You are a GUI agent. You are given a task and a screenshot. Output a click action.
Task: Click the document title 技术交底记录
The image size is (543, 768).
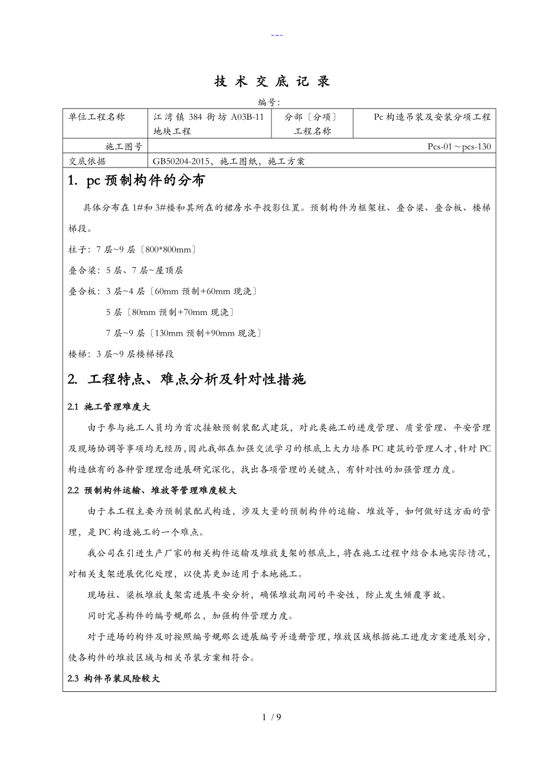272,82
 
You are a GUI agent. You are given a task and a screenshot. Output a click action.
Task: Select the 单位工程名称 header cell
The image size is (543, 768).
97,117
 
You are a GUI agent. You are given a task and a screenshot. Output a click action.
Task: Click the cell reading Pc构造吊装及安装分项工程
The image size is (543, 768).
432,117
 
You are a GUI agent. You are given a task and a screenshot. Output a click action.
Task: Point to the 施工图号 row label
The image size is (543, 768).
123,146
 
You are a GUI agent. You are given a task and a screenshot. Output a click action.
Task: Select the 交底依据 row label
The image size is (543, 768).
88,160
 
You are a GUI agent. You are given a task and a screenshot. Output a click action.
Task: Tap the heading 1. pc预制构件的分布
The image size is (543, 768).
136,181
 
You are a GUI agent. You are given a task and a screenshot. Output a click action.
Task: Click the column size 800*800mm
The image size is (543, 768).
171,250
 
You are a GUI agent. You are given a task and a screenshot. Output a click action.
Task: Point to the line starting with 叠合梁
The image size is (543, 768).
126,270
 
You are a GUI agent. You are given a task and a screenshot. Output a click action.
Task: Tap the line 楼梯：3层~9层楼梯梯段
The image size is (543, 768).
122,354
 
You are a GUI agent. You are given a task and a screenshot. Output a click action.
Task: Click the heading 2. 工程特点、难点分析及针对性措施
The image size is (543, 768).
187,379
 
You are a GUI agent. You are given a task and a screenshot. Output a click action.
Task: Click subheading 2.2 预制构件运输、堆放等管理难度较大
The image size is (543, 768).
152,490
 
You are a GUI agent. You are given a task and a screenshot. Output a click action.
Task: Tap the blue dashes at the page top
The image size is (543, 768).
277,35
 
